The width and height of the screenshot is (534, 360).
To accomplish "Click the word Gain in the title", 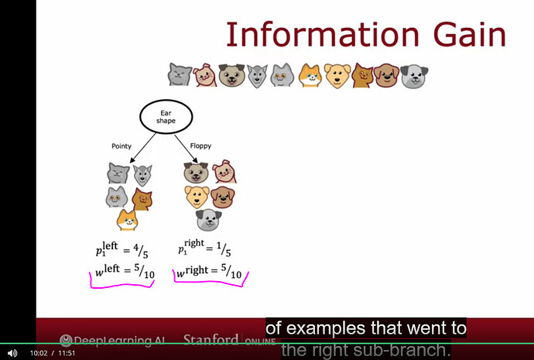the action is pos(469,34).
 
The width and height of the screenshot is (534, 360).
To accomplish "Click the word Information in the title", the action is pos(322,34).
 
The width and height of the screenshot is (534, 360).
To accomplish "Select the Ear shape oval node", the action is pos(166,116).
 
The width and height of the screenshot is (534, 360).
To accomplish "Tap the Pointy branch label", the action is pos(122,146).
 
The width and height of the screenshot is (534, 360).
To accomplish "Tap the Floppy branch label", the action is pos(200,146).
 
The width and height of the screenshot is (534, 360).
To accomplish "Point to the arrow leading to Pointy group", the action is pos(143,148).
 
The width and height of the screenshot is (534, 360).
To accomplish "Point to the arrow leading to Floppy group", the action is pos(187,149).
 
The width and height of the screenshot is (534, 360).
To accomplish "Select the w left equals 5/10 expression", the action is pos(125,271).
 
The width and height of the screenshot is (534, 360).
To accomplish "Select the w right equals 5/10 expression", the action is pos(209,271).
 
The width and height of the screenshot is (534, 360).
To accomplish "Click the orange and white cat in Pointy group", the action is pos(127,220).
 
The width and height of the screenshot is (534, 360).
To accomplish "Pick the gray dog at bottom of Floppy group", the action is pos(209,220).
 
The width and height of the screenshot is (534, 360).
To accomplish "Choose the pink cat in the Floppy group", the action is pos(224,171).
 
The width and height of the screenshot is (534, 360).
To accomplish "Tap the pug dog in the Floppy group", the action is pos(196,173).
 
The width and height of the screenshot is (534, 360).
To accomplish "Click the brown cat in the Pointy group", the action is pos(142,199).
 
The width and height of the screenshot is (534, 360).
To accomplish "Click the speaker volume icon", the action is pos(12,353).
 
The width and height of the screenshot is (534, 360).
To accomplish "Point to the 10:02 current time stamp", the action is pos(39,353).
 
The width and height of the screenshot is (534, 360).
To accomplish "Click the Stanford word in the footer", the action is pos(211,340).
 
